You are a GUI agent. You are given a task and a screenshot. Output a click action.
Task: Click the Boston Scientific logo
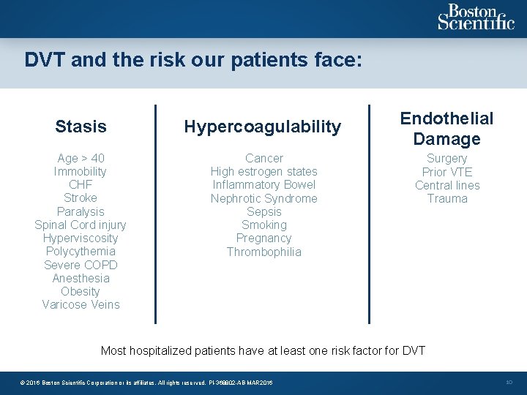point(476,18)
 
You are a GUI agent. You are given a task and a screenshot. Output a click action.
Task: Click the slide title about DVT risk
point(193,59)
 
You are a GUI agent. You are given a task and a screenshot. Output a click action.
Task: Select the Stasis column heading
point(81,127)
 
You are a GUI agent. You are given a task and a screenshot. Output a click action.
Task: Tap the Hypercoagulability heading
point(262,127)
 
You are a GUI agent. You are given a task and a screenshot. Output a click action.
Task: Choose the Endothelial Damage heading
point(446,128)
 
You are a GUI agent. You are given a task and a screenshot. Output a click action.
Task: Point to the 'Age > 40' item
point(81,158)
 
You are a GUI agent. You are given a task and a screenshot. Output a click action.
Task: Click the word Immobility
point(81,171)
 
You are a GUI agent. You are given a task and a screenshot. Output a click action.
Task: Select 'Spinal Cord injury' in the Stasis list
point(81,225)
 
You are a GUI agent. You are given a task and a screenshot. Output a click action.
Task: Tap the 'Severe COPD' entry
point(81,265)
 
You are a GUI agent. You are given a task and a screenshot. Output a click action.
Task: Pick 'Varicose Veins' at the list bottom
point(81,304)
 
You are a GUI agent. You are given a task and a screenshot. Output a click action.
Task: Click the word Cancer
point(264,158)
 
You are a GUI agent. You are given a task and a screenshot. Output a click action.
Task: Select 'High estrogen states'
point(264,171)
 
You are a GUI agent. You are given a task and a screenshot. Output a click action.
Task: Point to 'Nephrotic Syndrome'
point(264,198)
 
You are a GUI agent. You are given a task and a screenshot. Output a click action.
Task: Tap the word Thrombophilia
point(264,252)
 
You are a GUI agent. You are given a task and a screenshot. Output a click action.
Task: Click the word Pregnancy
point(264,238)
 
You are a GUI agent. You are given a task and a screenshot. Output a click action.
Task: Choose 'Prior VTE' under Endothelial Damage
point(446,172)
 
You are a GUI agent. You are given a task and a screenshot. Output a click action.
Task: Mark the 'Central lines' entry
point(446,185)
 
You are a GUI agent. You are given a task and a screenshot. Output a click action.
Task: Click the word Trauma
point(446,198)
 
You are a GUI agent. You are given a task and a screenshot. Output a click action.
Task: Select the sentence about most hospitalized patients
point(263,350)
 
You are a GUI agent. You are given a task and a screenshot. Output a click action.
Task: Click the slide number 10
point(509,383)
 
